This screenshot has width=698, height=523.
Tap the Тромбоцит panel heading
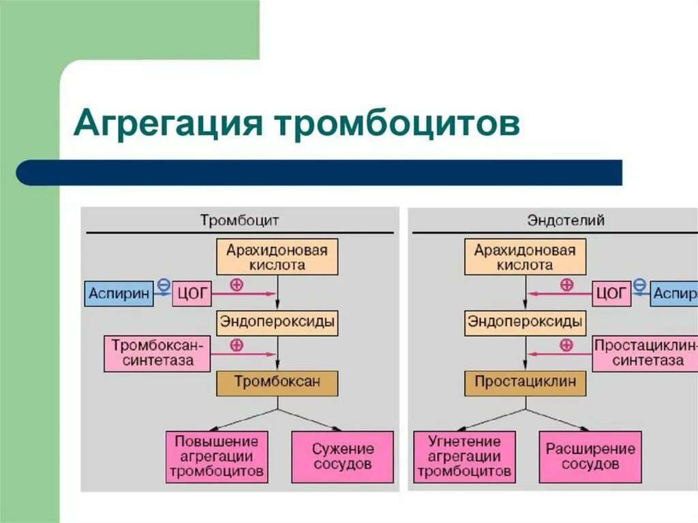239,220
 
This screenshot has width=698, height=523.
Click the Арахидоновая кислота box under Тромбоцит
277,257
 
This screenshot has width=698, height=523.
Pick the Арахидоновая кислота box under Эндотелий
525,257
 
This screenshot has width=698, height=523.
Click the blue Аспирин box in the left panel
119,294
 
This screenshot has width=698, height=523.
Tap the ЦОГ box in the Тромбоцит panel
192,294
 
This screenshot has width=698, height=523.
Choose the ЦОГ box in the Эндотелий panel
611,294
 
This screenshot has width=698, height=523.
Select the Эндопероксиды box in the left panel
277,322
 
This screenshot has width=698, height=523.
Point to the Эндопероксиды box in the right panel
525,322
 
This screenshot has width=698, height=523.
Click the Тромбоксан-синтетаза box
157,353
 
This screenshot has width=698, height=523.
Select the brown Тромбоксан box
277,382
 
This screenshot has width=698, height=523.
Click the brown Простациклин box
525,382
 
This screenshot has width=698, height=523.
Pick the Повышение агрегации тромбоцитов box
217,456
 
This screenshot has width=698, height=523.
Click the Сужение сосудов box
343,456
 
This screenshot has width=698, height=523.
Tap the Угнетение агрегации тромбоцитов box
464,456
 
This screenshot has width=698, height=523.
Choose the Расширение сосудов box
590,456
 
